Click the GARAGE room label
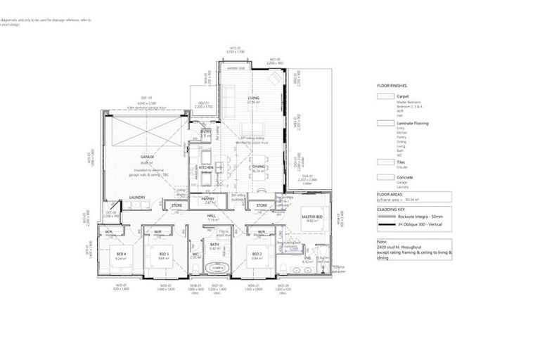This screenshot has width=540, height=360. pyautogui.click(x=147, y=156)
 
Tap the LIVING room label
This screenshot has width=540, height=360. pyautogui.click(x=253, y=98)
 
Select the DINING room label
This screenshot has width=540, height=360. pyautogui.click(x=259, y=167)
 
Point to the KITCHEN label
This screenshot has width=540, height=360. pyautogui.click(x=206, y=168)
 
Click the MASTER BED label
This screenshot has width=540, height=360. pyautogui.click(x=311, y=217)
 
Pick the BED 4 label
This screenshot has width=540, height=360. pyautogui.click(x=120, y=254)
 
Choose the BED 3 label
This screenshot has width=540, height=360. pyautogui.click(x=164, y=254)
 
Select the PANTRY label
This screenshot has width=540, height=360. pyautogui.click(x=208, y=199)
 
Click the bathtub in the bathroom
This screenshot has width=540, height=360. pyautogui.click(x=215, y=268)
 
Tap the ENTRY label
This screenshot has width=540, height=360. pyautogui.click(x=206, y=131)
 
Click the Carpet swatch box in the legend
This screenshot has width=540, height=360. pyautogui.click(x=385, y=96)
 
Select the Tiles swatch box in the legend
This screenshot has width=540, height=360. pyautogui.click(x=385, y=162)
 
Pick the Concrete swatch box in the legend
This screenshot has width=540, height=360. pyautogui.click(x=385, y=179)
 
